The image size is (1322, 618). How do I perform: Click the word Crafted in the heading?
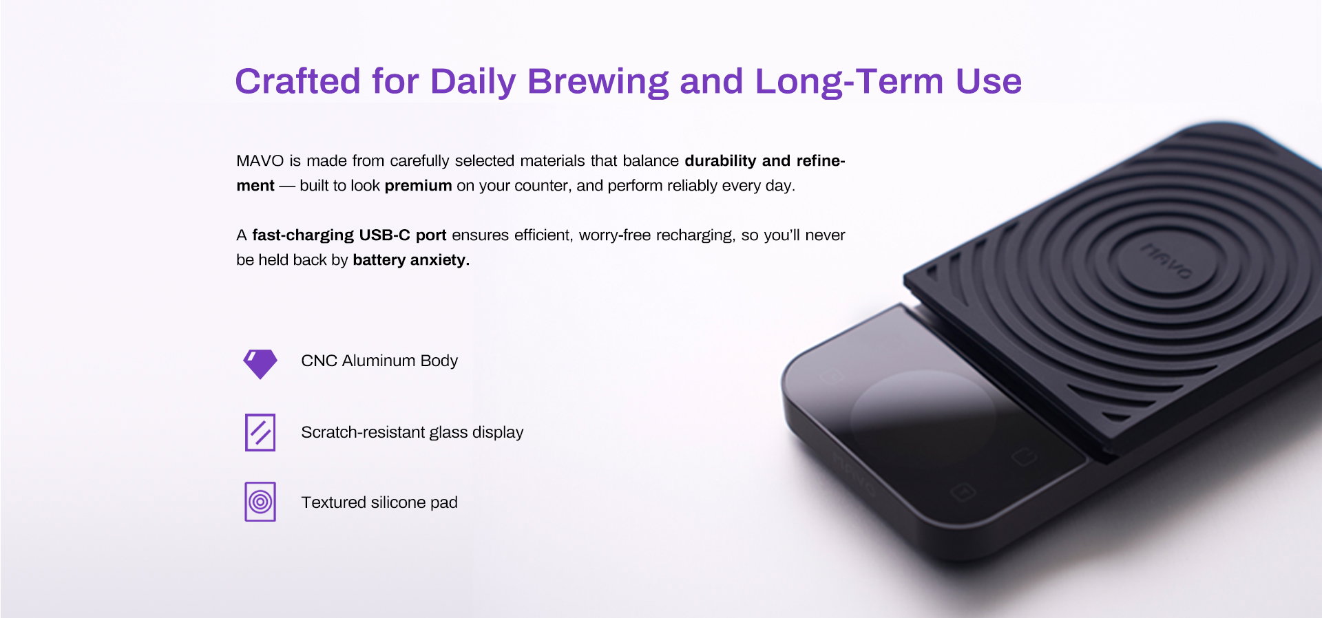pos(298,81)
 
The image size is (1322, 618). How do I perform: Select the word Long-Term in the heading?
pos(849,81)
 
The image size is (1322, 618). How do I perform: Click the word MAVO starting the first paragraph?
pos(260,161)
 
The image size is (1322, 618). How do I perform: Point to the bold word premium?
pos(418,186)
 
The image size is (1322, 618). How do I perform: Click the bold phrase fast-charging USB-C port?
pos(349,235)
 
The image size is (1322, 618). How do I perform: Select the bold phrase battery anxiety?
pos(411,260)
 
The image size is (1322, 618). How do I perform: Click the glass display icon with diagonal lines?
pos(260,432)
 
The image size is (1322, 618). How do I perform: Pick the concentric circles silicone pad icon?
pos(260,502)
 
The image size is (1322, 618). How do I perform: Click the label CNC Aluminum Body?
pos(379,361)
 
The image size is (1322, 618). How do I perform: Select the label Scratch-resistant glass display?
pos(412,432)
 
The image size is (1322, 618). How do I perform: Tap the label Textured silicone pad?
pos(379,502)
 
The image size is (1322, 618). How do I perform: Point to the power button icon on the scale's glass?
pos(1024,457)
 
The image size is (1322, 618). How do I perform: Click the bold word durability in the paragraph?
pos(720,161)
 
